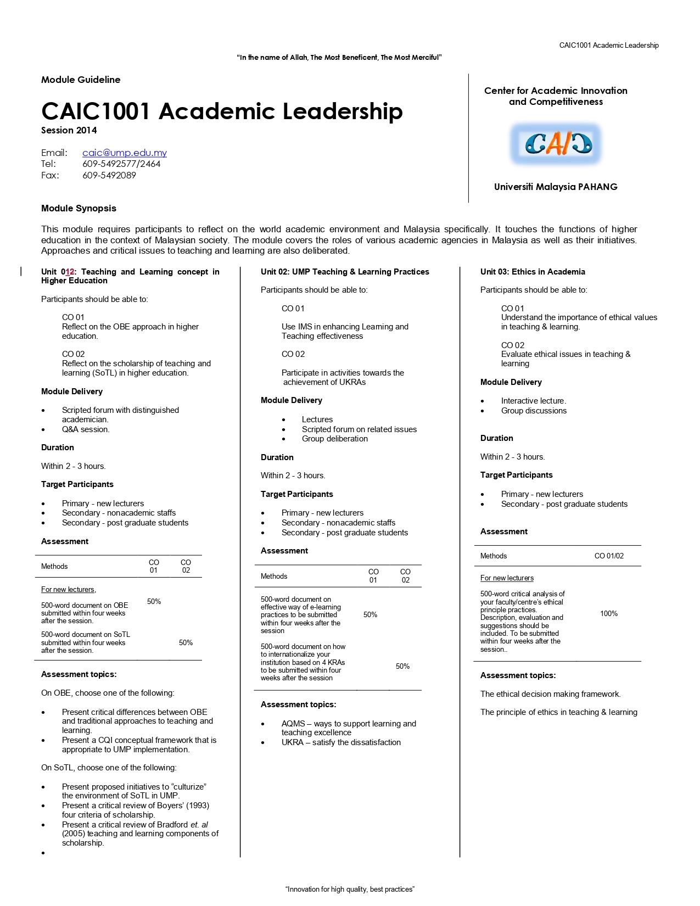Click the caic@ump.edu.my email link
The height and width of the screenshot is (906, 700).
coord(125,153)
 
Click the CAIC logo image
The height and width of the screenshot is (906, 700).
coord(556,144)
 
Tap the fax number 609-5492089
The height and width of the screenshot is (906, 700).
coord(109,175)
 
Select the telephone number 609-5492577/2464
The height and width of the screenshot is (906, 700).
coord(121,164)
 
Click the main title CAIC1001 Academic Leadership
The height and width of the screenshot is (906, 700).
coord(222,111)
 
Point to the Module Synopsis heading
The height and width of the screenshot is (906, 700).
coord(79,208)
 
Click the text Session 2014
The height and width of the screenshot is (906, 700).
coord(69,130)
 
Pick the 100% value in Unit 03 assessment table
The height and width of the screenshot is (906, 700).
coord(608,613)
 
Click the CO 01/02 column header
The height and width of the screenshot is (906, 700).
coord(609,556)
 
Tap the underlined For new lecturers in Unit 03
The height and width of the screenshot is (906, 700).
coord(507,578)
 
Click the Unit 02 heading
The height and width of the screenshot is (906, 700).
coord(345,272)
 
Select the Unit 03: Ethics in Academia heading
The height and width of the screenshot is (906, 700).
coord(533,272)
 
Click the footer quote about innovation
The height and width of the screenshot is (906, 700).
coord(350,889)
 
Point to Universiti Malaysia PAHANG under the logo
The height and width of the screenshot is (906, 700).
coord(556,187)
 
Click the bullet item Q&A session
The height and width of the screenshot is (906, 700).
coord(86,429)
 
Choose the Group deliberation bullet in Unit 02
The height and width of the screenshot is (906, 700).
coord(334,439)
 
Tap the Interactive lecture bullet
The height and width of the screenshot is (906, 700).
coord(533,401)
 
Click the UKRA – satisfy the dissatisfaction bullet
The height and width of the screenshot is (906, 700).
coord(341,742)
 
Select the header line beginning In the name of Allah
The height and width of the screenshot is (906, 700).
coord(339,57)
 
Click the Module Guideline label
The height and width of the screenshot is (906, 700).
coord(81,80)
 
